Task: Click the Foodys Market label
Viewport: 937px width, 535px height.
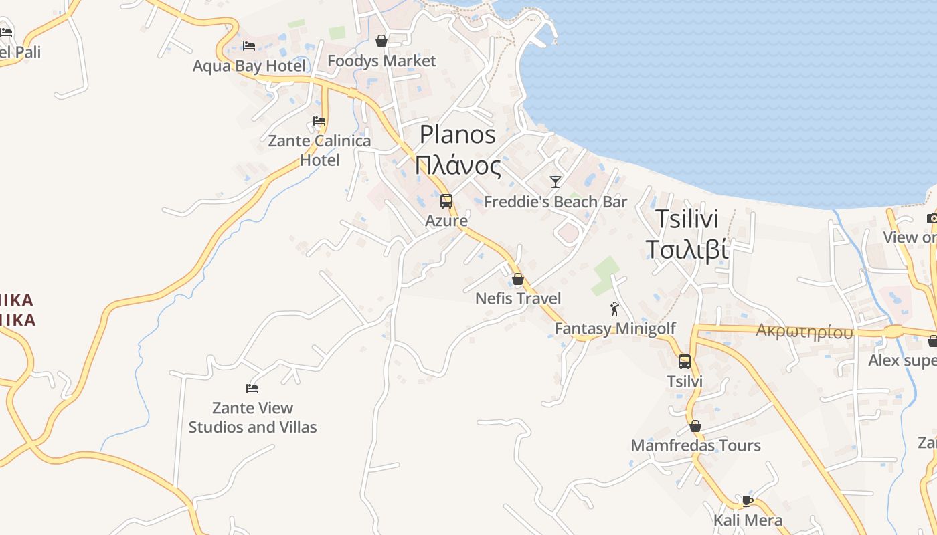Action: click(381, 61)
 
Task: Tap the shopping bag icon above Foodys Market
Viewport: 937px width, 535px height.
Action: click(381, 41)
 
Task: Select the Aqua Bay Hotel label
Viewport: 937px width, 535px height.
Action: click(249, 66)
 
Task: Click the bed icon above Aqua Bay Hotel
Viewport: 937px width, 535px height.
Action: click(249, 45)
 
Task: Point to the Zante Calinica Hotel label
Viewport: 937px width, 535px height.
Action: click(319, 150)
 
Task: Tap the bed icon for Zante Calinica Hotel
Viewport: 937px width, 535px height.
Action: click(319, 121)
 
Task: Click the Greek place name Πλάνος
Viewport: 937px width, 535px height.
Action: click(458, 165)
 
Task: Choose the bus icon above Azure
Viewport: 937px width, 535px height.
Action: click(446, 201)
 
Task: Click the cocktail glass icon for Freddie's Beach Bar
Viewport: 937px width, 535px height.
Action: click(556, 181)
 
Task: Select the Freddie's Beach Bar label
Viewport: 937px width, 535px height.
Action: click(556, 202)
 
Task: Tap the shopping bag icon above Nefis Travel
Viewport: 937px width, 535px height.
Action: click(518, 279)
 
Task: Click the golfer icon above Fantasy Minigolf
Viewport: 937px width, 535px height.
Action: click(614, 309)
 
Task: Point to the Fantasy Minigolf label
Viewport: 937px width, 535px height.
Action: click(615, 329)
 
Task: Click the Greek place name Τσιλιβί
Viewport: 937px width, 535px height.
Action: click(687, 249)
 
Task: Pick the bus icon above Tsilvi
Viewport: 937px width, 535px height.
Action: click(685, 362)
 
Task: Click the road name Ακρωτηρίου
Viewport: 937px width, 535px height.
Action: click(804, 331)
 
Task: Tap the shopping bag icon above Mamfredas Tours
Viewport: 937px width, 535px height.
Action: click(695, 426)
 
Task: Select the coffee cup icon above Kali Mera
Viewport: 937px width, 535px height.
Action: click(748, 500)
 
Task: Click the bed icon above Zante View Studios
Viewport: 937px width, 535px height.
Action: click(252, 388)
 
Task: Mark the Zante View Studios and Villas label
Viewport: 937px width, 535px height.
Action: click(252, 417)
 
